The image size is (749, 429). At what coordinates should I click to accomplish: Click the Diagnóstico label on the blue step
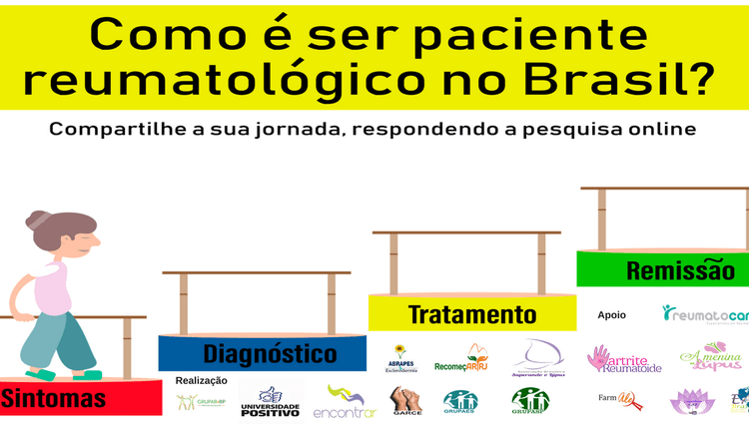coord(270,353)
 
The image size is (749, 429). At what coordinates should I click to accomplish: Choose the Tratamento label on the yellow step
coord(472,315)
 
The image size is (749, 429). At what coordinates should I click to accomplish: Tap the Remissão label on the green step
coord(680,269)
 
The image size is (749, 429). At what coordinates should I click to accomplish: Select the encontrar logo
coord(344,401)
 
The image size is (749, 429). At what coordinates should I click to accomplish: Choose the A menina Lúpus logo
coord(710,356)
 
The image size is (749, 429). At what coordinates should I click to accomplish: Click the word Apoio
coord(612,314)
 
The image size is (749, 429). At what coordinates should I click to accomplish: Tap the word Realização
coord(202,380)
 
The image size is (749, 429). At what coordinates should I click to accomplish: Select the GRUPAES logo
coord(460,401)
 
